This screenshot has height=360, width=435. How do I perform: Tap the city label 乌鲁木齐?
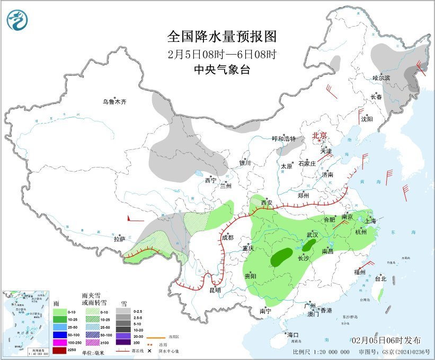click(115, 102)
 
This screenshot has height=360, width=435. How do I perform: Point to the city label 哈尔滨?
click(380, 77)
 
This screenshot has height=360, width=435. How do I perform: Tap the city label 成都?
click(227, 237)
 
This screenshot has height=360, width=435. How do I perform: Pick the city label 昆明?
click(214, 290)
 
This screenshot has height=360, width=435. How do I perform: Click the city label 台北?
click(380, 278)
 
